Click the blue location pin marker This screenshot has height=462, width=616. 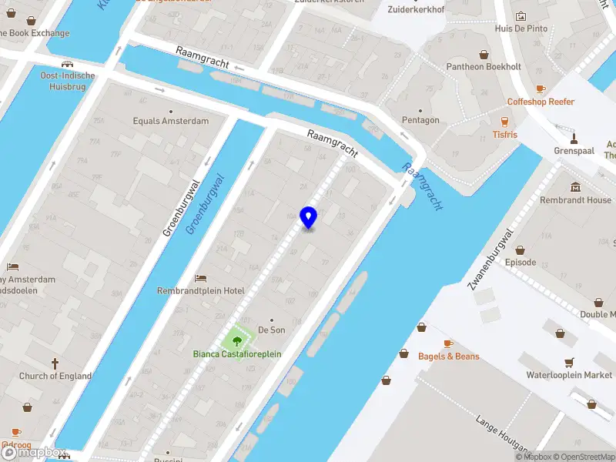308,218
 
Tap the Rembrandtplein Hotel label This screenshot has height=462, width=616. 200,290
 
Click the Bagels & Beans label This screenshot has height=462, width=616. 448,357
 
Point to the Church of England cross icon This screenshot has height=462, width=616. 55,363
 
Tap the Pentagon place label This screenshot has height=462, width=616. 420,120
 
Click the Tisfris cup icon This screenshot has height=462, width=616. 505,122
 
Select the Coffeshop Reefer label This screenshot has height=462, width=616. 541,102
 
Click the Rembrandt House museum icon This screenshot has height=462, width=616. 576,187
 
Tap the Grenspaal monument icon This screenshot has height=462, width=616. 574,139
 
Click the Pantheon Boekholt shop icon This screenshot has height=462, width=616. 484,54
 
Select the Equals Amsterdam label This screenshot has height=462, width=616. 170,121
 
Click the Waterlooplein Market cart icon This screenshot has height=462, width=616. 569,362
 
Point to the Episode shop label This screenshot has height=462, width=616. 520,263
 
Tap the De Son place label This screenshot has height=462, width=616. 271,330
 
